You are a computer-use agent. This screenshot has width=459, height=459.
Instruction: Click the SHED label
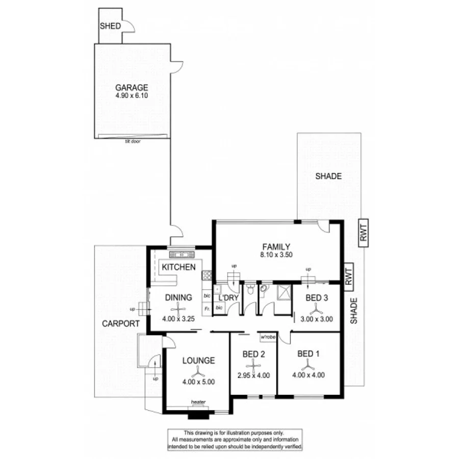pyautogui.click(x=111, y=26)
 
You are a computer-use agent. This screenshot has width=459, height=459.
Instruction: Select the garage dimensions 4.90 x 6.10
pyautogui.click(x=131, y=95)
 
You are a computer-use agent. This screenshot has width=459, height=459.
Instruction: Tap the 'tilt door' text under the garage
pyautogui.click(x=132, y=141)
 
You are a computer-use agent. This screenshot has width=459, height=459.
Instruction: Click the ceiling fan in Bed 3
pyautogui.click(x=316, y=308)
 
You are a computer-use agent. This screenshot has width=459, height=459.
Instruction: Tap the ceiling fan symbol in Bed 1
pyautogui.click(x=308, y=364)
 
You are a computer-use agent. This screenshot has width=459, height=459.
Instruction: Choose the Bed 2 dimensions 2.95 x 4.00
pyautogui.click(x=253, y=376)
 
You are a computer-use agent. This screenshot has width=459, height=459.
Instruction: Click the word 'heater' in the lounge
pyautogui.click(x=198, y=402)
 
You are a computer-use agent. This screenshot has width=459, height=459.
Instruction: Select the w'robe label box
pyautogui.click(x=268, y=337)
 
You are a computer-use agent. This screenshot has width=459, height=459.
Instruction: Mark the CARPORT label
pyautogui.click(x=120, y=323)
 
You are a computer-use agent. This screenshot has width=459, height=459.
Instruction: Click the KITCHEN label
pyautogui.click(x=178, y=267)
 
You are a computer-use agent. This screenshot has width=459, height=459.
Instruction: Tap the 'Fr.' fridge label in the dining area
pyautogui.click(x=207, y=309)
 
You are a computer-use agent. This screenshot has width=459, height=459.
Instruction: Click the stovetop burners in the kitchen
pyautogui.click(x=207, y=275)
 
